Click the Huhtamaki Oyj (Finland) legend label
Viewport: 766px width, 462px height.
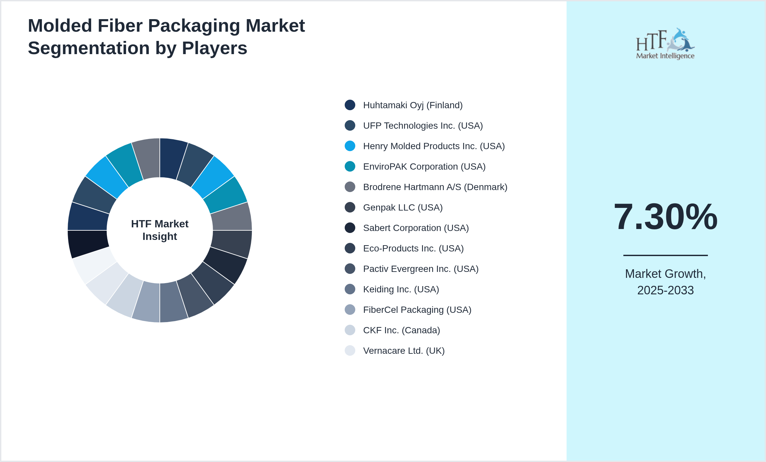tap(413, 105)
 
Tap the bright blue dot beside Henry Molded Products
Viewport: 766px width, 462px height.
tap(350, 146)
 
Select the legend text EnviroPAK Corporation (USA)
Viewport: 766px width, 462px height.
tap(424, 167)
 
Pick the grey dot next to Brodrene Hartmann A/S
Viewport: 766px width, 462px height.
tap(350, 187)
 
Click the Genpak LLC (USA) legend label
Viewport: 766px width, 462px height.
tap(403, 208)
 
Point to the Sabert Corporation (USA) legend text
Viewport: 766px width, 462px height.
tap(416, 228)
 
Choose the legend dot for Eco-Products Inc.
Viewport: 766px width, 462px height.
tap(350, 248)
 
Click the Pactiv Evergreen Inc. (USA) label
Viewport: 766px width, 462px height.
tap(421, 269)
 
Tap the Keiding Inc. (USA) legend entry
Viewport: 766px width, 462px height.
tap(401, 289)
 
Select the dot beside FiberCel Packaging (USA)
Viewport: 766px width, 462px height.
tap(350, 310)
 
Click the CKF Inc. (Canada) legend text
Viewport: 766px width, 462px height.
tap(401, 330)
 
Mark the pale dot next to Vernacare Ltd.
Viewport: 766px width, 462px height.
tap(350, 350)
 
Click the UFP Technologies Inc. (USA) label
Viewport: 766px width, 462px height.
tap(423, 126)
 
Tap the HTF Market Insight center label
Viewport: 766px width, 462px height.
tap(160, 230)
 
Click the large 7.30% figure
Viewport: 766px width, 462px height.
tap(665, 217)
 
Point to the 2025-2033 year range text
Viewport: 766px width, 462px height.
tap(665, 290)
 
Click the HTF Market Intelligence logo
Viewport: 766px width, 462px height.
tap(665, 44)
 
